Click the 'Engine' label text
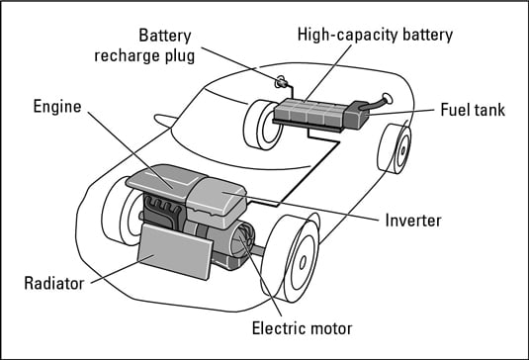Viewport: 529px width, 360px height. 57,107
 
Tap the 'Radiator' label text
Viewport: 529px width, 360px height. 54,284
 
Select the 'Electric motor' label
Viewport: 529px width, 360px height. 302,328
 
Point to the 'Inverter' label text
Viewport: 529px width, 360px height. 413,221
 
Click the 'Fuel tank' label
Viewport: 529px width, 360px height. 473,110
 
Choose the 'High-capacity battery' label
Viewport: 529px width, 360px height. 375,35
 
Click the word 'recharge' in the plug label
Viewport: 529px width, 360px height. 127,56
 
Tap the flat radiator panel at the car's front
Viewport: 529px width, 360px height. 175,251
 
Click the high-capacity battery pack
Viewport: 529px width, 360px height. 309,114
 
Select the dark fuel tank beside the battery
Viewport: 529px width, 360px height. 357,115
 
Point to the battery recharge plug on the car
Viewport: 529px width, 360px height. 281,82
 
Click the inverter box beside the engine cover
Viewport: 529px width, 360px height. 217,203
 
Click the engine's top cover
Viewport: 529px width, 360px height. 165,182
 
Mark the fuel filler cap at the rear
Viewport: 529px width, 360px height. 387,98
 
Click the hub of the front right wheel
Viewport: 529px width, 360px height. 303,262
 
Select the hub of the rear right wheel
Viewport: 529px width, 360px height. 402,150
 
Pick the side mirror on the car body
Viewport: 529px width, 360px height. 165,120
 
